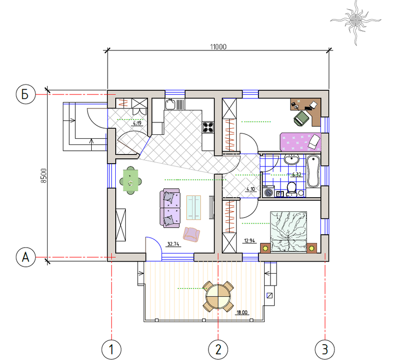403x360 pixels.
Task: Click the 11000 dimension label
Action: point(218,47)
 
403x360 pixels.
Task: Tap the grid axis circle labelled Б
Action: point(25,95)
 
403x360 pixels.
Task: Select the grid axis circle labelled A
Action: point(25,257)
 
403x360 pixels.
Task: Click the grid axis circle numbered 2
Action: point(218,349)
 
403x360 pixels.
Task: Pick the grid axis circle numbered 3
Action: point(325,349)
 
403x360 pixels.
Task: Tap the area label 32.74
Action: point(173,244)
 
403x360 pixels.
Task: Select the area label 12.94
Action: point(250,240)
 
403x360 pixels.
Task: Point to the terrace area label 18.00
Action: point(242,312)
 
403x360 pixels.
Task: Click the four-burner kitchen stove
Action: point(208,127)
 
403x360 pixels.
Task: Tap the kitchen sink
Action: point(170,104)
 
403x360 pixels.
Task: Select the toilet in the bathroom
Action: point(292,190)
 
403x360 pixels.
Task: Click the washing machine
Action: point(269,192)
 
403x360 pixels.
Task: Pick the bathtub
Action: point(313,171)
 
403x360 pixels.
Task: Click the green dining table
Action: point(131,180)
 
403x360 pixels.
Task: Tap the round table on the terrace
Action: point(218,296)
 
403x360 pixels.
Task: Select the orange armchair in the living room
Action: point(191,234)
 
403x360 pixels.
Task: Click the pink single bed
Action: point(301,142)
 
